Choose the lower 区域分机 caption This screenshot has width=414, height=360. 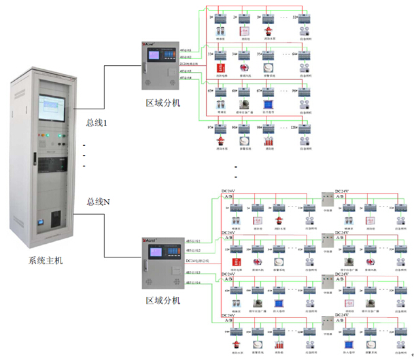tap(163, 300)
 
